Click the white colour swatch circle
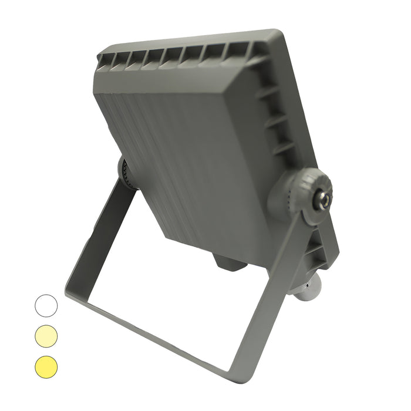click(x=46, y=305)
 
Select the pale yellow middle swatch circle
click(x=46, y=335)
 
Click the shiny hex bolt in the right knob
click(x=322, y=198)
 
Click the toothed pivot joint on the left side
click(x=126, y=173)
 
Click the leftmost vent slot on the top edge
click(x=105, y=58)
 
